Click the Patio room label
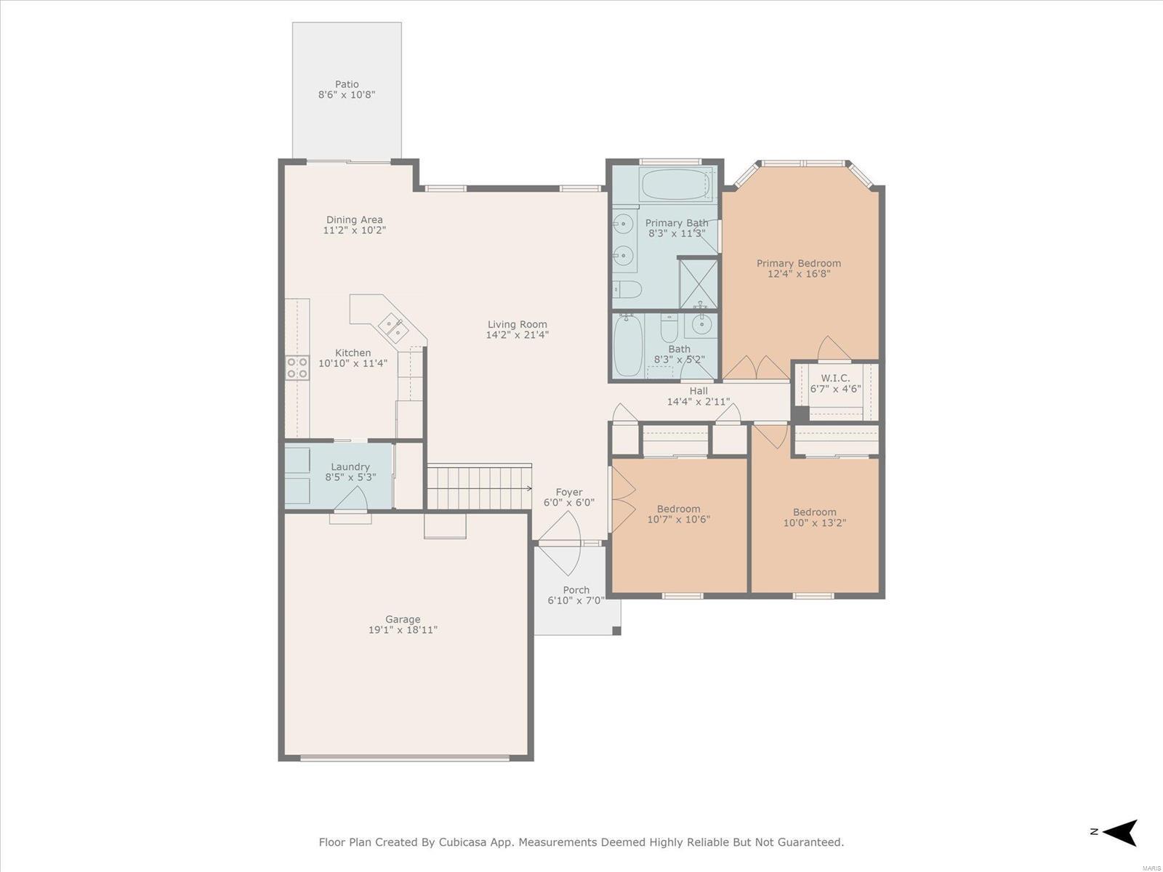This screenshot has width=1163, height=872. pyautogui.click(x=347, y=84)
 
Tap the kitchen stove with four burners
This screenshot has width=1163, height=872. pyautogui.click(x=297, y=368)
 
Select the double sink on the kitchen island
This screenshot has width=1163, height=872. pyautogui.click(x=394, y=326)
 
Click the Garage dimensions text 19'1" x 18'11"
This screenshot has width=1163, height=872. pyautogui.click(x=403, y=630)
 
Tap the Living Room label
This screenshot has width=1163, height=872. pyautogui.click(x=517, y=325)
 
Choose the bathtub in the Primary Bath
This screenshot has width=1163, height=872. pyautogui.click(x=673, y=185)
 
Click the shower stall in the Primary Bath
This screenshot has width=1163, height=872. pyautogui.click(x=699, y=284)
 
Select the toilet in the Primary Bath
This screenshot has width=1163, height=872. pyautogui.click(x=627, y=290)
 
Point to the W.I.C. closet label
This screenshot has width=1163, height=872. pyautogui.click(x=836, y=378)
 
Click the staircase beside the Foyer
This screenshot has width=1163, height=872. pyautogui.click(x=480, y=487)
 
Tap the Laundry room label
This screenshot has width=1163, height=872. pyautogui.click(x=350, y=467)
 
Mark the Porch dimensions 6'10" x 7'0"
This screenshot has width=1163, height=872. pyautogui.click(x=576, y=600)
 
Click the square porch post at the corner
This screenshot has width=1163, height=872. pyautogui.click(x=616, y=631)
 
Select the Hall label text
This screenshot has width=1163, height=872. pyautogui.click(x=699, y=391)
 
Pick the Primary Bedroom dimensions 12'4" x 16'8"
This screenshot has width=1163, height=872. pyautogui.click(x=798, y=274)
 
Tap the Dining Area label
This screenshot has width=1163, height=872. pyautogui.click(x=354, y=219)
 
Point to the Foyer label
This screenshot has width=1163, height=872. pyautogui.click(x=569, y=493)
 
